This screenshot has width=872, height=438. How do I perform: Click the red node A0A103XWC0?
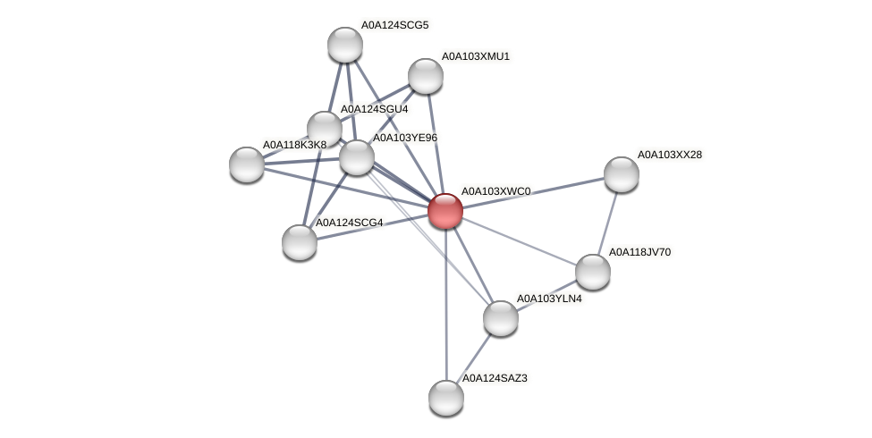(444, 211)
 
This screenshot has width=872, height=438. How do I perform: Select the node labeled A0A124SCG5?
(344, 45)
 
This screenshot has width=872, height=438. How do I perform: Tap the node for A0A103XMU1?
(426, 76)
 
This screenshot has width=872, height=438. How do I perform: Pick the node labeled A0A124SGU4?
(325, 129)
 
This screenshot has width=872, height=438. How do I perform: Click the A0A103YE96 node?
(357, 157)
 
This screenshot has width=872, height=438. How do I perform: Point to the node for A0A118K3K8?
(247, 164)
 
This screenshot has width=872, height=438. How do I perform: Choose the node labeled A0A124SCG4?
(300, 241)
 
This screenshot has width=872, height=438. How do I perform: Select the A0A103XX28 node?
(621, 174)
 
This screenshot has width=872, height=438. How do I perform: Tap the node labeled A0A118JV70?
(592, 272)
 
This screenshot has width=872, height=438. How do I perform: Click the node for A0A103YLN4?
(500, 317)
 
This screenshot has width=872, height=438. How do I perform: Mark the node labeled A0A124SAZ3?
(446, 397)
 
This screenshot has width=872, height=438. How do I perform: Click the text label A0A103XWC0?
(495, 191)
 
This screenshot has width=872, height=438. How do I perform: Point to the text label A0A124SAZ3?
(495, 378)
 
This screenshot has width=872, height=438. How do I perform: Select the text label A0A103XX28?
(669, 155)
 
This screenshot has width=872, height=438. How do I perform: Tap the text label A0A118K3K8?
(294, 144)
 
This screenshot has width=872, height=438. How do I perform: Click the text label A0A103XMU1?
(475, 56)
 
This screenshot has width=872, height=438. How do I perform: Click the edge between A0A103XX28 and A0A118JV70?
(607, 222)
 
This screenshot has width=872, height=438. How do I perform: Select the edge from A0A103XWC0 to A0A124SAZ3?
(445, 304)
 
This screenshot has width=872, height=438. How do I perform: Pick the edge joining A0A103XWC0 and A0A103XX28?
(533, 192)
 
